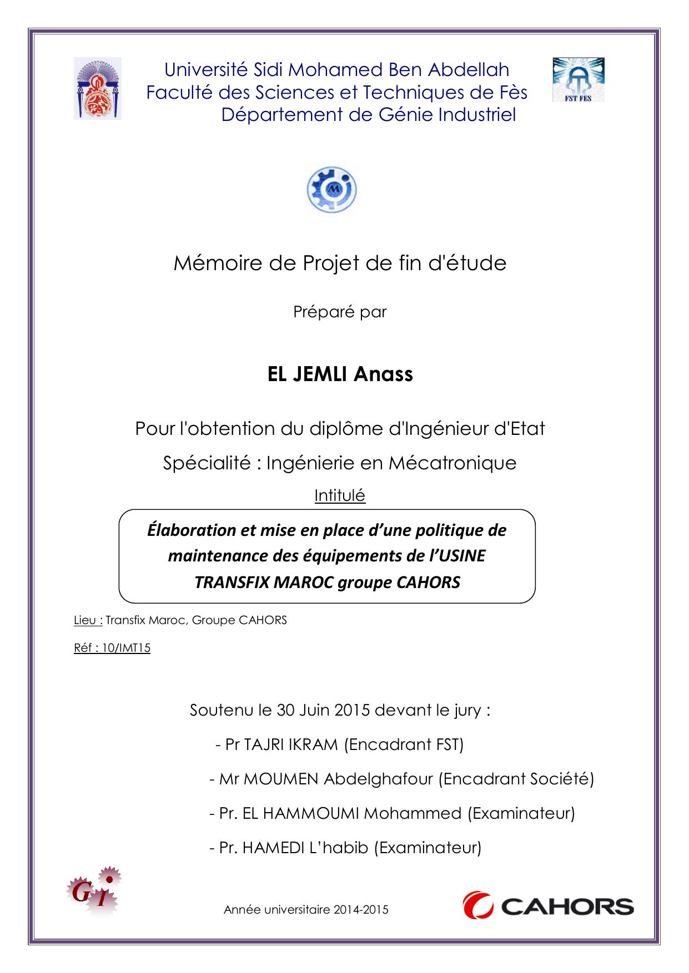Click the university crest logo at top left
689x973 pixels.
point(97,89)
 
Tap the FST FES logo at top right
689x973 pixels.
point(578,80)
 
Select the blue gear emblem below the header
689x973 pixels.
point(331,190)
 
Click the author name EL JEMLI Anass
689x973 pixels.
point(340,374)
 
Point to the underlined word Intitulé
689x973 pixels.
point(340,495)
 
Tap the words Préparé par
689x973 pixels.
point(340,312)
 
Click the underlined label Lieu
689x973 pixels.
point(87,620)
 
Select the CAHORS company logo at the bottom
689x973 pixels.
point(548,907)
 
